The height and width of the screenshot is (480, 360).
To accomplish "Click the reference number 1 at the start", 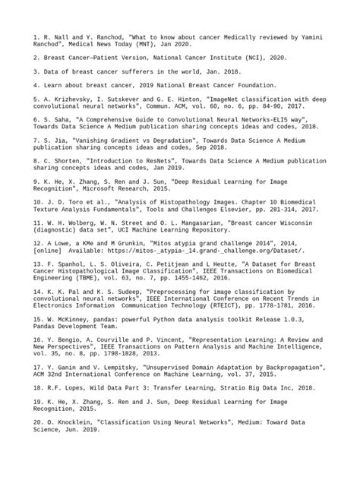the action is pos(35,36).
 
